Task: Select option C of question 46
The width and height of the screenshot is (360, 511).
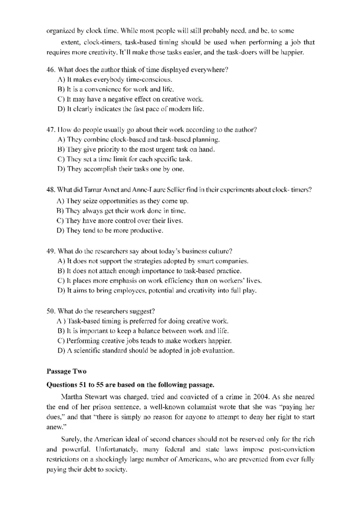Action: (x=61, y=99)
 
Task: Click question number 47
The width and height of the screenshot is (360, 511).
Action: (x=51, y=130)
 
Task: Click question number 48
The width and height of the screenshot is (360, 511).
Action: (x=51, y=190)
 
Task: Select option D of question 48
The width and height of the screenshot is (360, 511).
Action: (x=61, y=231)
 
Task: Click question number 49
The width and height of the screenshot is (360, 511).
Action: (x=51, y=251)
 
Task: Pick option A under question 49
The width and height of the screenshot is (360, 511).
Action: (x=61, y=261)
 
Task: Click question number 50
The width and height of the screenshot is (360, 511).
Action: (x=51, y=311)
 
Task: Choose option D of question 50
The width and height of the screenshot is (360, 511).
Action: (x=61, y=351)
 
